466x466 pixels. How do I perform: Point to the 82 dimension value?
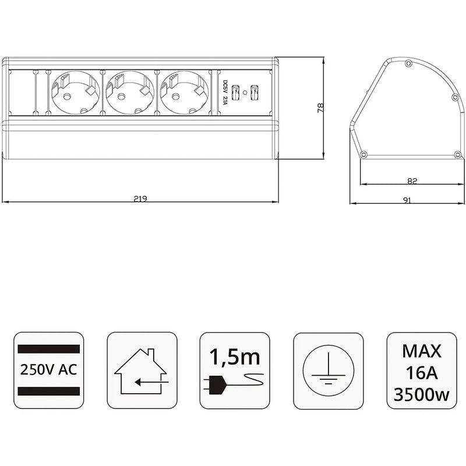pyautogui.click(x=412, y=181)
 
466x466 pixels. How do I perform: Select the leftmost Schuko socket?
pyautogui.click(x=76, y=92)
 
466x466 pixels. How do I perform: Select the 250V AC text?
pyautogui.click(x=49, y=370)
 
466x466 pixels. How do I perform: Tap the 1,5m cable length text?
pyautogui.click(x=235, y=355)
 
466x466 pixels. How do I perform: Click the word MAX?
pyautogui.click(x=422, y=351)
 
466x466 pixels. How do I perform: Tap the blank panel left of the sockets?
pyautogui.click(x=22, y=92)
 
